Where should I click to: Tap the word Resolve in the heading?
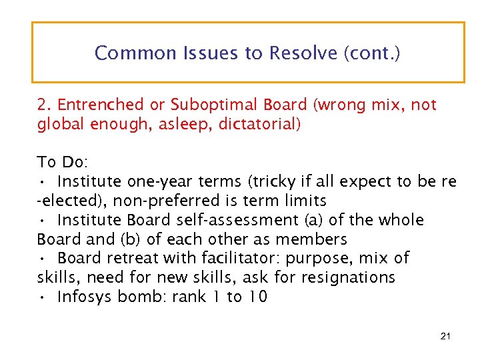tap(303, 53)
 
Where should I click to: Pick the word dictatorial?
tap(258, 125)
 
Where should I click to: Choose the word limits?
tap(303, 201)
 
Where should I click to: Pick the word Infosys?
tap(85, 297)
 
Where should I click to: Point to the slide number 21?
tap(446, 336)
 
